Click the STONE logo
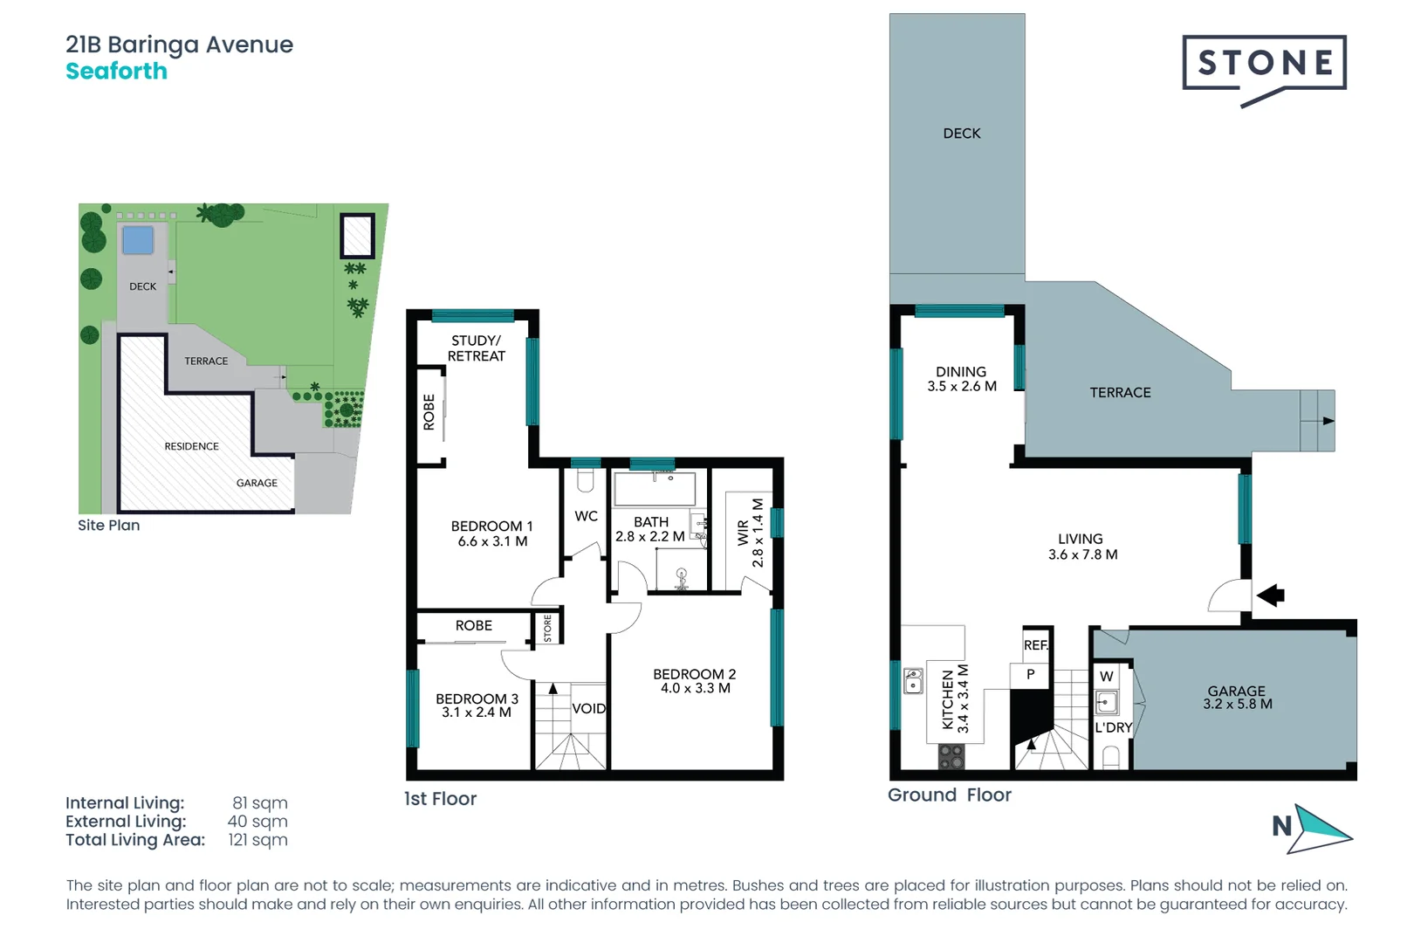coord(1264,64)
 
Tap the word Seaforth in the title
coord(116,72)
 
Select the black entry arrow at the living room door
coord(1271,596)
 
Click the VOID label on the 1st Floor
coord(588,709)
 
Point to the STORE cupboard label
coord(548,628)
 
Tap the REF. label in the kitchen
coord(1036,645)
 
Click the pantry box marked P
coord(1031,675)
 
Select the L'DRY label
coord(1114,727)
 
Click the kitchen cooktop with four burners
coord(951,756)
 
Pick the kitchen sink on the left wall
coord(913,680)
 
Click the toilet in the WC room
coord(586,480)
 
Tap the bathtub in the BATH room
coord(655,490)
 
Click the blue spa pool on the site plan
coord(138,239)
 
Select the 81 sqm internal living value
coord(259,803)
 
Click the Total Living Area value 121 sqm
coord(257,840)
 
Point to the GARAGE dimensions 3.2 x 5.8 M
coord(1237,705)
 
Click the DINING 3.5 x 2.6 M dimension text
coord(961,387)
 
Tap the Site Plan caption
coord(108,526)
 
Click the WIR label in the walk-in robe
coord(743,533)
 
